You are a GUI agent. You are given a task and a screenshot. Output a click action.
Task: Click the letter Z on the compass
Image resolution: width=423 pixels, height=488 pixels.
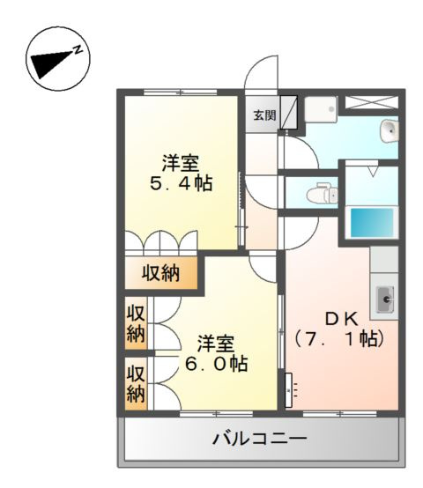click(78, 49)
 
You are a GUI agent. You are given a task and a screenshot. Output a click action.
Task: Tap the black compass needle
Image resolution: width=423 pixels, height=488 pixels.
click(51, 63)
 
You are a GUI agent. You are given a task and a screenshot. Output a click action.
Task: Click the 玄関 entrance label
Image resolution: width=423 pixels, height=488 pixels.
click(264, 115)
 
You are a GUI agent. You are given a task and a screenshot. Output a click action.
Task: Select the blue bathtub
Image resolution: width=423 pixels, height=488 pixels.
click(372, 223)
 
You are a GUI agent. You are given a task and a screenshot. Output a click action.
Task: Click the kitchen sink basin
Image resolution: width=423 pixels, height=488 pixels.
click(385, 299)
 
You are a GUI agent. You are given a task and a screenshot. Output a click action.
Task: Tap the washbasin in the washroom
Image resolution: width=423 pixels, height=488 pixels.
click(390, 130)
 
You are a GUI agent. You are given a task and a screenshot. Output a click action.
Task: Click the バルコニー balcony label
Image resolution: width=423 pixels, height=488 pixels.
click(260, 439)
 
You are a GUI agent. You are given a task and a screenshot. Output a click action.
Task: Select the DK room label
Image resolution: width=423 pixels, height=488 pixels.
click(341, 318)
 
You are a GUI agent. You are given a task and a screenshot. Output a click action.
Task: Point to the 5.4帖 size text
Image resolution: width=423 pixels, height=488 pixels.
click(182, 183)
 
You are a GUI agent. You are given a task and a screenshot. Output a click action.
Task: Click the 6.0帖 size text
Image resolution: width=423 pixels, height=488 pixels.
click(216, 363)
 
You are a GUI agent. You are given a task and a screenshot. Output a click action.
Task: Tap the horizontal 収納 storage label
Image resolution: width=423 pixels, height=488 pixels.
click(160, 274)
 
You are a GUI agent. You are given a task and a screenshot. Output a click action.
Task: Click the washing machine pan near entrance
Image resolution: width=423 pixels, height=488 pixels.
click(321, 109)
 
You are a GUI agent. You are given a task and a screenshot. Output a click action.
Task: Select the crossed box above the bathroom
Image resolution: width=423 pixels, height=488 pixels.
click(372, 102)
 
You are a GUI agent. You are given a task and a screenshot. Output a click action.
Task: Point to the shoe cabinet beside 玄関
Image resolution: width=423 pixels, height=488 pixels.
click(289, 112)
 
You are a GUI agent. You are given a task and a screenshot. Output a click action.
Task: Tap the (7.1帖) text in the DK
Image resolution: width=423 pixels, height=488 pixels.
click(339, 338)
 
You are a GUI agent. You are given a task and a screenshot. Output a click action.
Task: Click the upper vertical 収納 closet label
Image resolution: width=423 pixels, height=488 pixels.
click(136, 324)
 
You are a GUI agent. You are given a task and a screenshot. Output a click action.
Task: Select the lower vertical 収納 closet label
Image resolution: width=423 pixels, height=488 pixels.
click(136, 384)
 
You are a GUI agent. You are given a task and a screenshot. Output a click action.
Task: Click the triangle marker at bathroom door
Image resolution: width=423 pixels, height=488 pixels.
click(373, 172)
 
